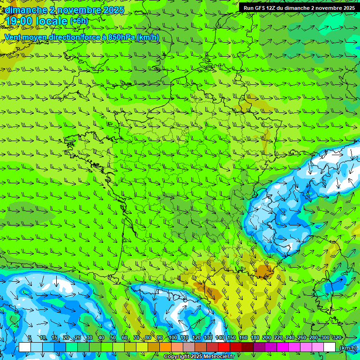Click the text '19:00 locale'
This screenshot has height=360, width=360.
point(37,21)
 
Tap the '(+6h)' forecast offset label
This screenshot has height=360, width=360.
point(79,21)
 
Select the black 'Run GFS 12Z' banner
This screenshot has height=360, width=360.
point(299,7)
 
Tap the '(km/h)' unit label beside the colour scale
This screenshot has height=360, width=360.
point(347,348)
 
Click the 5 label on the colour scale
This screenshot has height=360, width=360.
point(30,338)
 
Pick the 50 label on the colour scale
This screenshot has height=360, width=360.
point(113,338)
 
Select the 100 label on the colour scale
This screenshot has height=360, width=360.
point(172,338)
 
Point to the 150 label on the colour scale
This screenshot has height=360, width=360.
point(232,338)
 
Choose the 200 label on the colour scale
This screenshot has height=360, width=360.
point(267,338)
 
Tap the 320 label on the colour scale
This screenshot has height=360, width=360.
point(337,338)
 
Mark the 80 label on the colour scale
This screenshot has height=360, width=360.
point(148,338)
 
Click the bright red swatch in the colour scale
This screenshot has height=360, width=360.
point(224,347)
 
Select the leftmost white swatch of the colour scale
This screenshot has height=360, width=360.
point(25,347)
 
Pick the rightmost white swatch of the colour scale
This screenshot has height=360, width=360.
point(330,347)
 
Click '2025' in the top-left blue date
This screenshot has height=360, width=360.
point(111,10)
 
